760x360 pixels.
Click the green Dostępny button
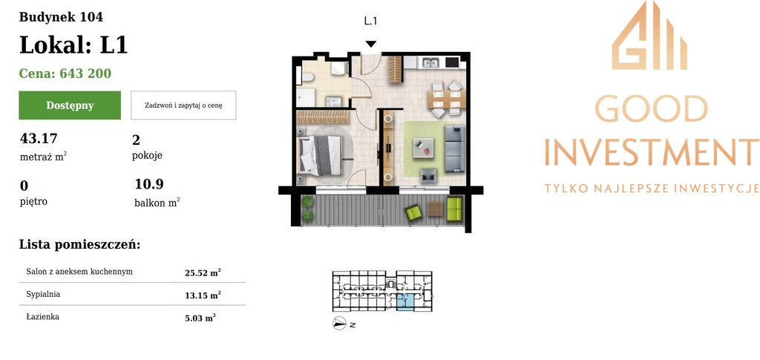[x=70, y=105]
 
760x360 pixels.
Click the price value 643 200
[x=85, y=73]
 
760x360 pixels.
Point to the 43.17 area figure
[x=39, y=139]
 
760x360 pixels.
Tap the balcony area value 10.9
[x=149, y=184]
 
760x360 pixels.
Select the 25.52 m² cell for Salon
[x=203, y=273]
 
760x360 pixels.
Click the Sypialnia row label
[x=43, y=294]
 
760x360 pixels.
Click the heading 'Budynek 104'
[x=61, y=17]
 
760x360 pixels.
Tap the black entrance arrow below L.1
[x=371, y=44]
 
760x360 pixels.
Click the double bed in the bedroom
[x=321, y=155]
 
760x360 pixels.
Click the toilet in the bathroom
[x=308, y=76]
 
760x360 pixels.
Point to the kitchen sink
[x=430, y=62]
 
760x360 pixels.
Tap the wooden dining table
[x=446, y=99]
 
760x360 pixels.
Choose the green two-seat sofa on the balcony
[x=455, y=209]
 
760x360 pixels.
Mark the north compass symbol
[x=339, y=323]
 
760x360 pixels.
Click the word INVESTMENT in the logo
[x=652, y=151]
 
